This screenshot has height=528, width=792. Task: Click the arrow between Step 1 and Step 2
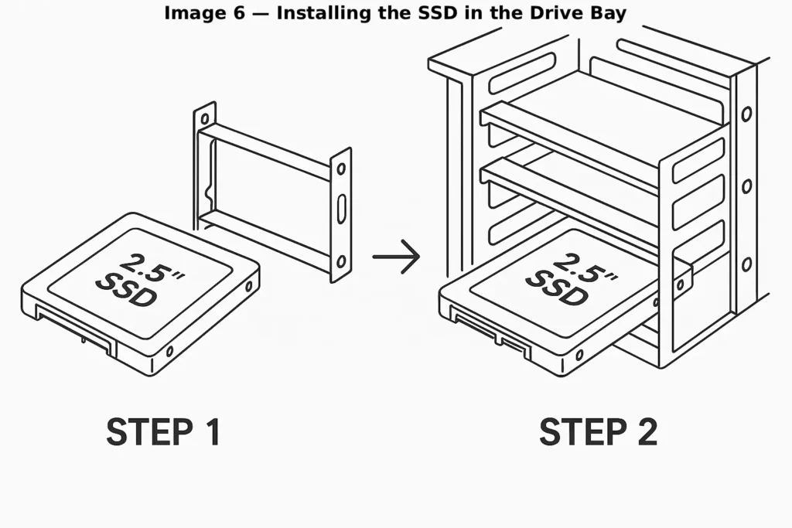(396, 256)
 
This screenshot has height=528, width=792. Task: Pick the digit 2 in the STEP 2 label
(643, 432)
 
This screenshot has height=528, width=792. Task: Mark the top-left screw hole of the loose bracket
(203, 118)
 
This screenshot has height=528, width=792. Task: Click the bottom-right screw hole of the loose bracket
(340, 261)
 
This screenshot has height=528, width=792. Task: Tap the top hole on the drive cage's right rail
(746, 114)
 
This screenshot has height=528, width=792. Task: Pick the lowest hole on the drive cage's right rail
(746, 265)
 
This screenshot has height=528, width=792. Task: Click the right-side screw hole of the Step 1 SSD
(248, 286)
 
